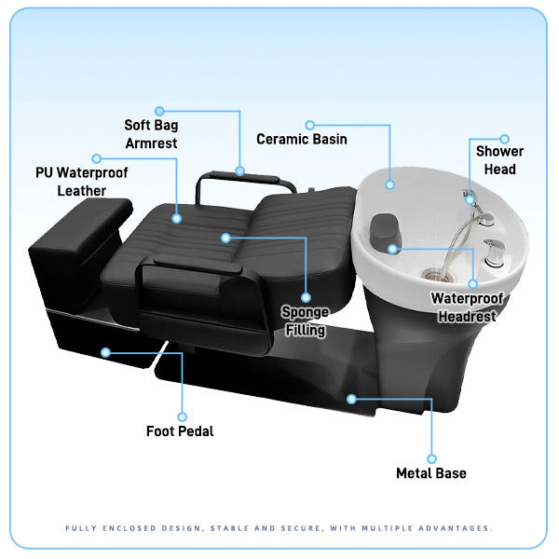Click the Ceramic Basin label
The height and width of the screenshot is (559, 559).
click(302, 139)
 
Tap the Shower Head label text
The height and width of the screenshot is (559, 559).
click(499, 160)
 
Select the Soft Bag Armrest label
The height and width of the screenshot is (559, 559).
click(151, 133)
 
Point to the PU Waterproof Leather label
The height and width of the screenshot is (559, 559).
click(82, 182)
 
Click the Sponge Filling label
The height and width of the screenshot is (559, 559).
click(306, 320)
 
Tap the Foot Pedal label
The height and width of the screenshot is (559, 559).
click(180, 431)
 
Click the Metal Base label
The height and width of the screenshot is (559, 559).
click(431, 473)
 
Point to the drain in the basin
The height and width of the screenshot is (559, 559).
click(431, 274)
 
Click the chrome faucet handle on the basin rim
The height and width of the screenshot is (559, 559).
click(495, 250)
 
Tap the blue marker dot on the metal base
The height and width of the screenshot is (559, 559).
click(351, 398)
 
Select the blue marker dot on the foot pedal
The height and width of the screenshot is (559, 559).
click(105, 352)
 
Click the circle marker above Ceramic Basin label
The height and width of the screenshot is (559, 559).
click(310, 124)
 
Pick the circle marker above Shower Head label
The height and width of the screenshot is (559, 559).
click(505, 139)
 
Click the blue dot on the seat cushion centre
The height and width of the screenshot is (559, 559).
click(225, 238)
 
